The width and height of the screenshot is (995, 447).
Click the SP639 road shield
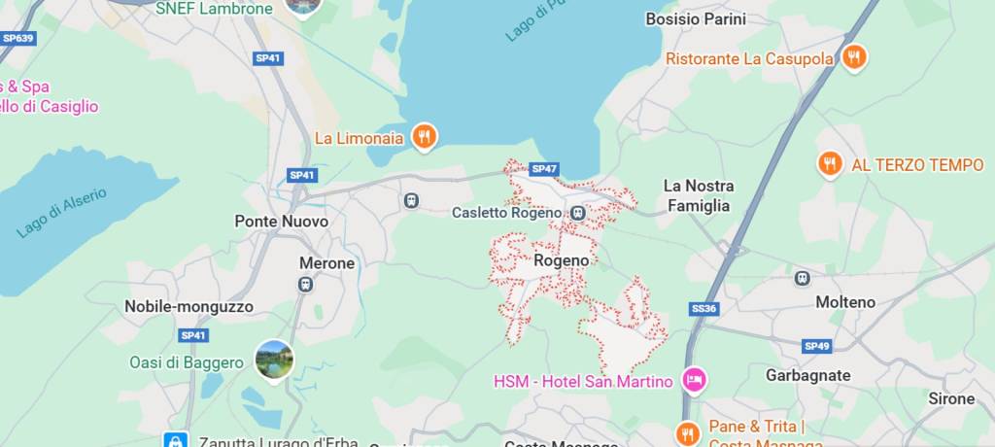click(x=17, y=39)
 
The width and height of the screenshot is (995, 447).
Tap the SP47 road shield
click(x=544, y=169)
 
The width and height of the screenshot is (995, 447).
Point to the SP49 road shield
click(x=816, y=346)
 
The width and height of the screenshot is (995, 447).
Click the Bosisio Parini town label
click(x=696, y=18)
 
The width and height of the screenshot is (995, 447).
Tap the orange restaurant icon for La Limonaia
click(x=424, y=137)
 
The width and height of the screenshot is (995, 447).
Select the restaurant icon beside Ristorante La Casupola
click(x=853, y=57)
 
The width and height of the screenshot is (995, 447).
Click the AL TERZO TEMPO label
click(x=917, y=165)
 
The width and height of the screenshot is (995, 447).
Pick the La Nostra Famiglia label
click(x=698, y=195)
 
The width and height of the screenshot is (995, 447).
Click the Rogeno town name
click(x=561, y=260)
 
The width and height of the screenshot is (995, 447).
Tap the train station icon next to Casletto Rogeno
click(x=578, y=213)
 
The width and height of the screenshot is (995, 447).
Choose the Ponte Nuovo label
click(x=282, y=222)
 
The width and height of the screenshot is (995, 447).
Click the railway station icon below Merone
click(x=305, y=285)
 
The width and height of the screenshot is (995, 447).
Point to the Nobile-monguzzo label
click(x=189, y=307)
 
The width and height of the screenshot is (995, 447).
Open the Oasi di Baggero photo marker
click(x=274, y=360)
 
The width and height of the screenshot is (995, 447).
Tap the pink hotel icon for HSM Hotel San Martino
click(x=694, y=380)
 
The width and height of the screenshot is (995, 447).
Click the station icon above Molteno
click(x=802, y=279)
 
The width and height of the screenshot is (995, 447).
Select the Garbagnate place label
click(x=807, y=375)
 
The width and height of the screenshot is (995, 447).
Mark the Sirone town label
click(x=950, y=398)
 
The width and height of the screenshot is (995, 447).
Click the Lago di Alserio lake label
click(x=62, y=212)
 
